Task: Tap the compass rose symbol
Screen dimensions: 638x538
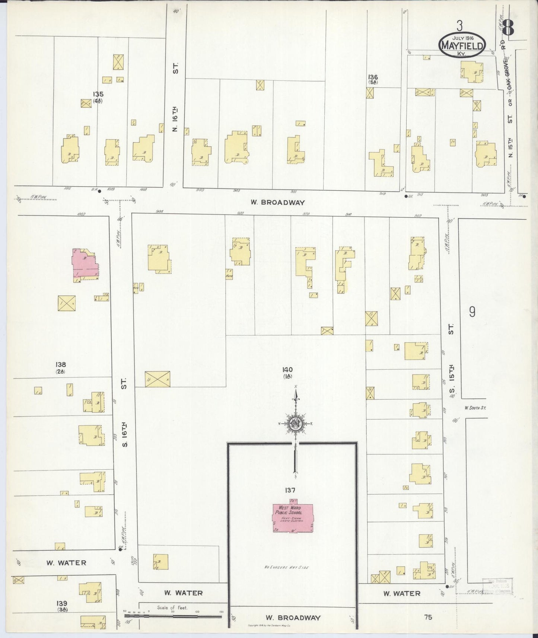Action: (x=296, y=424)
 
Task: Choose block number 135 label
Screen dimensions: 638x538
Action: (x=98, y=95)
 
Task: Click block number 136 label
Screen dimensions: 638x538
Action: (x=373, y=77)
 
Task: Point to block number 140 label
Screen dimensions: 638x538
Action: (x=287, y=370)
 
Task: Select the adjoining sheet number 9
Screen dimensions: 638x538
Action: (x=472, y=312)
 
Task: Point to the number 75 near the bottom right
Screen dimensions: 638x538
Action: (x=428, y=617)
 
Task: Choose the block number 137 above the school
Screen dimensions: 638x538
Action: (x=290, y=491)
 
